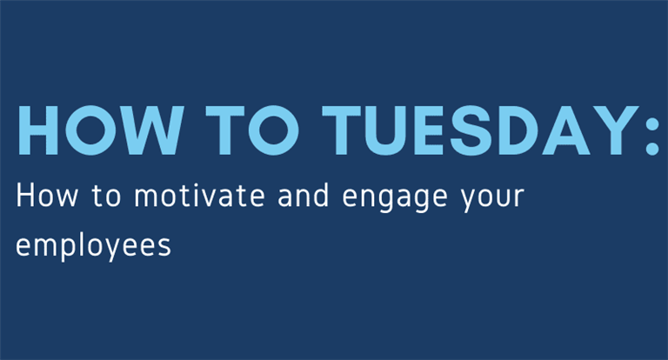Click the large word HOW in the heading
101,130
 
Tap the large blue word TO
252,130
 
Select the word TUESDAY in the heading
480,130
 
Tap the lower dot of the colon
652,148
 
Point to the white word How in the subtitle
47,196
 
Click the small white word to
106,197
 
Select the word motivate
199,196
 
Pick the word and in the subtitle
304,195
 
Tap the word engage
395,198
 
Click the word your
493,199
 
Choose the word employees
93,246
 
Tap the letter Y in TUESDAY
614,130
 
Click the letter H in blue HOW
38,130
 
